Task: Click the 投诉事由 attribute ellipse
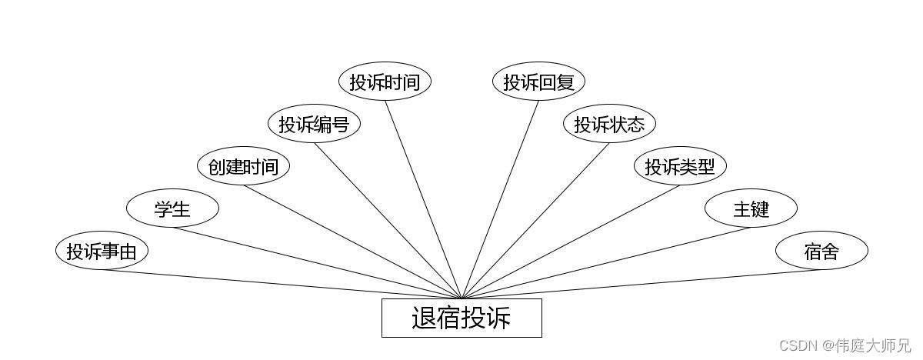tap(102, 251)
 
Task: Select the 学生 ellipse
tap(172, 208)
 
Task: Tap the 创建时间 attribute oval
tap(243, 166)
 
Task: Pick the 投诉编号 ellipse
tap(314, 124)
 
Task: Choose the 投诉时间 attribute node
tap(385, 82)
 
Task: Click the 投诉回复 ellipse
tap(538, 82)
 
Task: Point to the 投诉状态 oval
tap(609, 124)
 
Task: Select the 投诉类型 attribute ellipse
tap(680, 166)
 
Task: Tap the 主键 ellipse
tap(751, 208)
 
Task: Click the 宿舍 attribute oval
tap(821, 251)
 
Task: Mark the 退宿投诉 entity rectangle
tap(461, 318)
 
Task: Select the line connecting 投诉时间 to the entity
tap(423, 200)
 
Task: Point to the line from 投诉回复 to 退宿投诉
tap(500, 200)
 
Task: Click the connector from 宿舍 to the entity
tap(641, 284)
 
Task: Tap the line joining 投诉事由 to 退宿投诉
tap(282, 284)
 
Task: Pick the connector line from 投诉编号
tap(388, 220)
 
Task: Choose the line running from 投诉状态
tap(535, 220)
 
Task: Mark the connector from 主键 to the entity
tap(606, 262)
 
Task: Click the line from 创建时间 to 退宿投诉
tap(352, 242)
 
